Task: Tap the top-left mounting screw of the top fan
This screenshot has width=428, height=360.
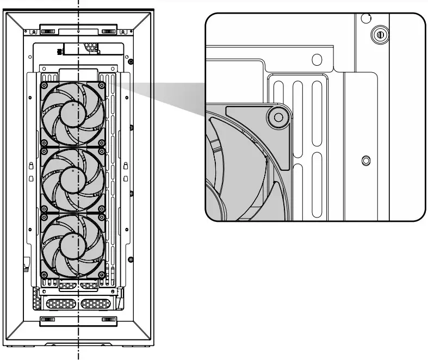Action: pos(46,85)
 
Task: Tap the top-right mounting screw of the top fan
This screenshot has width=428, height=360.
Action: pos(102,85)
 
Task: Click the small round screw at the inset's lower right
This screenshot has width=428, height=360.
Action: pos(365,160)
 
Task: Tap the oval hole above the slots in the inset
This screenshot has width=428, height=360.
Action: pos(317,59)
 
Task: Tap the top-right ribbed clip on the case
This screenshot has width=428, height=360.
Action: pos(109,28)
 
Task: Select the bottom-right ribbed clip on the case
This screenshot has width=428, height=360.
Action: pos(109,319)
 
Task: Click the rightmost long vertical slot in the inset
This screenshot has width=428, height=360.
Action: pos(315,114)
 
